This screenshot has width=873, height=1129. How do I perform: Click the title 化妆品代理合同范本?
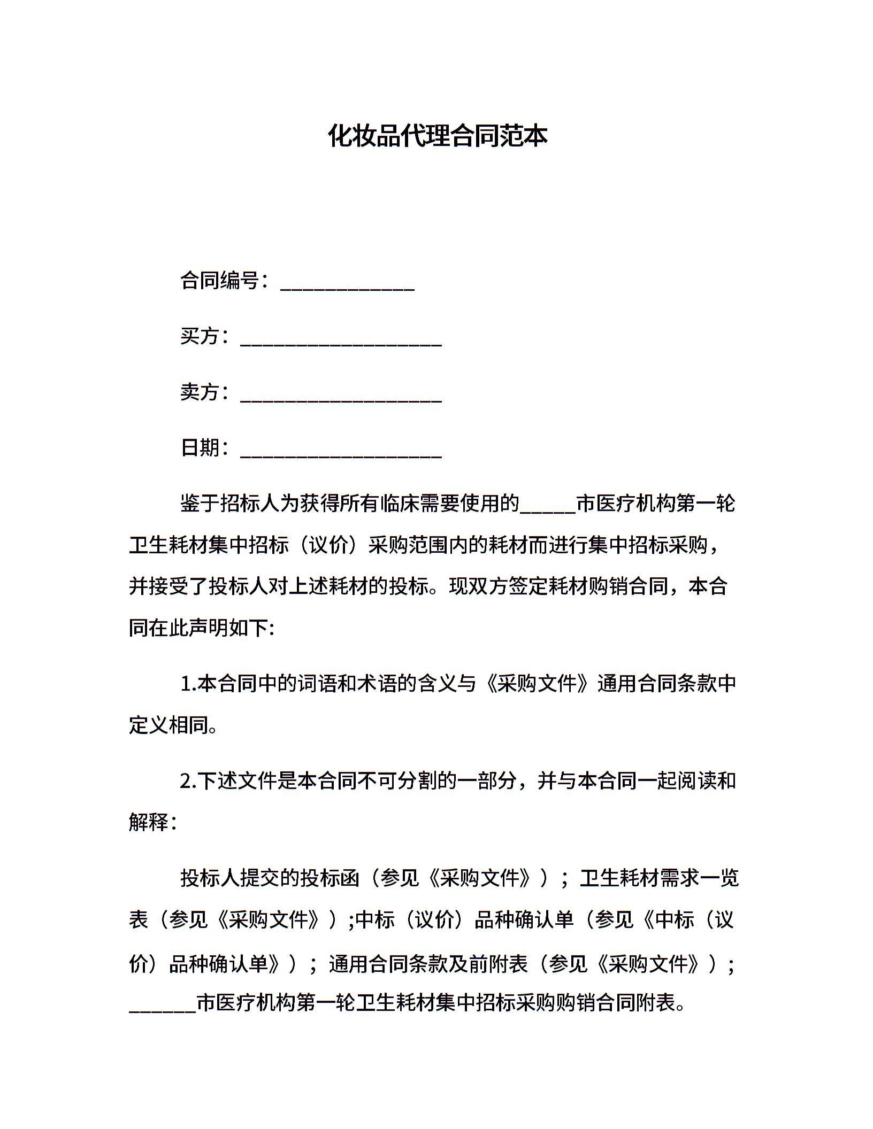pyautogui.click(x=437, y=136)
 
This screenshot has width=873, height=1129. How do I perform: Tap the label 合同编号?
pyautogui.click(x=220, y=280)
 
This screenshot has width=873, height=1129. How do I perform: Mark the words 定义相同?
pyautogui.click(x=169, y=725)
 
